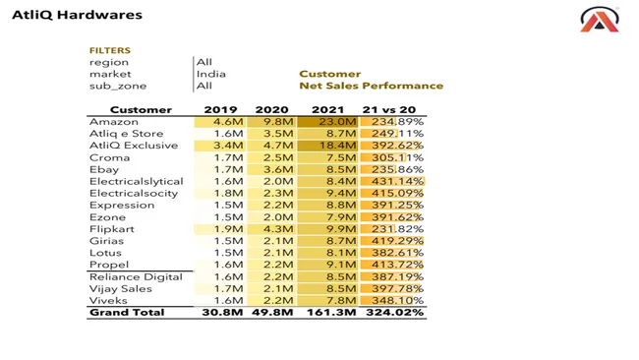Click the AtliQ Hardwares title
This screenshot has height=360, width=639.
coord(77,15)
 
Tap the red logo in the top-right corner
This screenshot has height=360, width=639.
coord(599,19)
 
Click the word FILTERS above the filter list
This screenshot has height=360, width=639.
coord(109,50)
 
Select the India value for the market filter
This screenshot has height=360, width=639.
coord(210,74)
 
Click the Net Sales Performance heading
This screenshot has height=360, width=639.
coord(371,86)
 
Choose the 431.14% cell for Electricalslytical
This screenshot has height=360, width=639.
coord(393,181)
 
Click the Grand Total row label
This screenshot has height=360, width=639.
coord(127,313)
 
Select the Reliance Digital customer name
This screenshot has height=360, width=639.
coord(136,277)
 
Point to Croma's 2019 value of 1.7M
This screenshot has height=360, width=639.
coord(221,157)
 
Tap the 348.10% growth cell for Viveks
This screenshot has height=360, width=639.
coord(393,301)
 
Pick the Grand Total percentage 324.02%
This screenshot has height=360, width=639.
coord(393,313)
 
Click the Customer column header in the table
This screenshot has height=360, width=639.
coord(141,109)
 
